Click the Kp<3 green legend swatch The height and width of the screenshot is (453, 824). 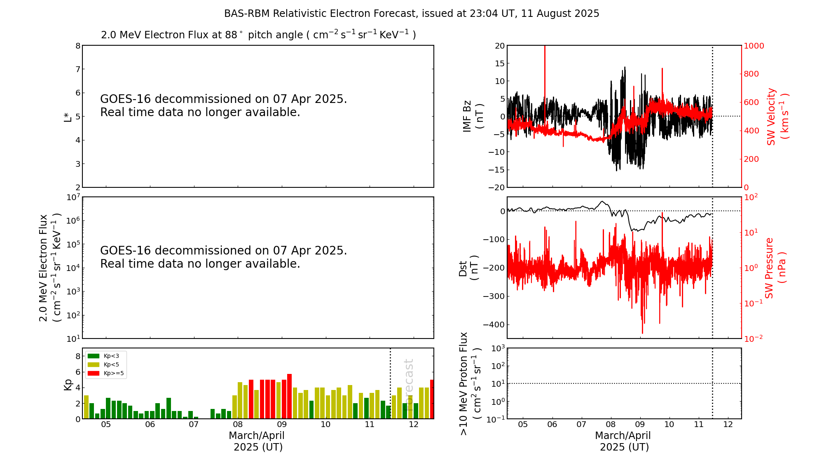94,356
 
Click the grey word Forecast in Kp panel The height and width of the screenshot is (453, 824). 408,379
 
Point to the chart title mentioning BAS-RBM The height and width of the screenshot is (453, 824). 412,14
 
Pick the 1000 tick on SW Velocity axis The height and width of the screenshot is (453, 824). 754,46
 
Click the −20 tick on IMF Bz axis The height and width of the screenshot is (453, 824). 496,187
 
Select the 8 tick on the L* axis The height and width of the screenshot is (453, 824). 77,46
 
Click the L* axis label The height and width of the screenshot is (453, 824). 68,117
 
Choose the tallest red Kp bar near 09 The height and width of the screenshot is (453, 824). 290,395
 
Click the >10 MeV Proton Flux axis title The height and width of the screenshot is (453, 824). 470,384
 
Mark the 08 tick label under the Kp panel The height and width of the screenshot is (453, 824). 238,425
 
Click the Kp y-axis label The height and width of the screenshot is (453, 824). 68,384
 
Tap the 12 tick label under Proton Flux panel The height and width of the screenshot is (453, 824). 728,425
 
